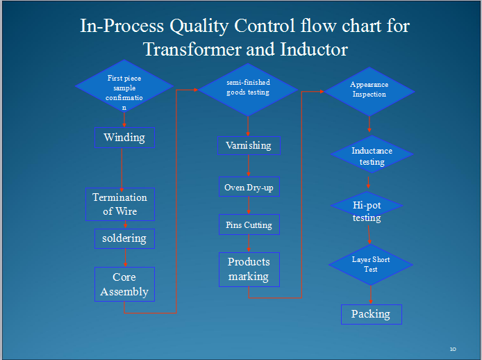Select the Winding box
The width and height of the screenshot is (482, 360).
(x=124, y=137)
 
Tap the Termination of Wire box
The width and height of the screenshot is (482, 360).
(x=120, y=204)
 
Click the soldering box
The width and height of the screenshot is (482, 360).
(x=124, y=238)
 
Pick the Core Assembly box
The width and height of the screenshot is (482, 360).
(x=124, y=284)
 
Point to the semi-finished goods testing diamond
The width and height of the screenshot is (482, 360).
(x=248, y=88)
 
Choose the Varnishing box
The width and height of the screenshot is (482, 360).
(x=248, y=145)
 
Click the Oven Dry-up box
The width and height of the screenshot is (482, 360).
(x=248, y=188)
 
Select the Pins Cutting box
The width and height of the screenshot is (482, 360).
(x=249, y=225)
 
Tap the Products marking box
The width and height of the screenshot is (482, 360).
(x=249, y=269)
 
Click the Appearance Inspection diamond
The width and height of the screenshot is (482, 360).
(x=369, y=90)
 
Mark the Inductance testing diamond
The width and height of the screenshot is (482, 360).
(x=372, y=156)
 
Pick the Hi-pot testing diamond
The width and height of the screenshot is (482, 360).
(x=367, y=212)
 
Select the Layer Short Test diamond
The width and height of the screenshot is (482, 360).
(x=370, y=264)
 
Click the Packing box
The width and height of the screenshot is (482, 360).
(x=371, y=314)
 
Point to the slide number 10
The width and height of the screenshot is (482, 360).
(x=453, y=348)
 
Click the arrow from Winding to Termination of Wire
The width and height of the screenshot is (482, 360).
(x=122, y=167)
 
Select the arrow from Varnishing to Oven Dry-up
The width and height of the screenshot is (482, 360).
(x=249, y=166)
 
